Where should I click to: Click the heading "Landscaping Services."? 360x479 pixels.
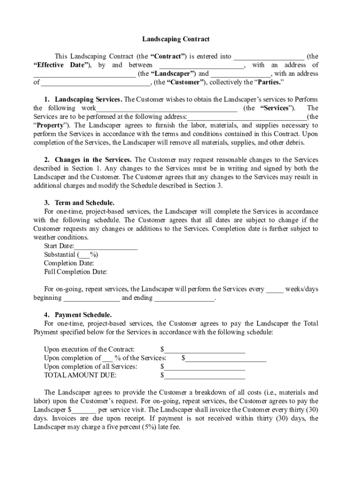(x=89, y=100)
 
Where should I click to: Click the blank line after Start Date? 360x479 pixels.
(x=106, y=247)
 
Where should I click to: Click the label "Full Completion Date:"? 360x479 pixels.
(x=76, y=272)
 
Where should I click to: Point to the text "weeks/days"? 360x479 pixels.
(x=302, y=289)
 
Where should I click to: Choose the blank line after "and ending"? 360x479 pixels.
(x=184, y=298)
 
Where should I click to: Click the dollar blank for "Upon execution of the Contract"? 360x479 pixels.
(x=205, y=349)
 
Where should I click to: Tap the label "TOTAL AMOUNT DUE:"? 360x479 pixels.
(x=80, y=375)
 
